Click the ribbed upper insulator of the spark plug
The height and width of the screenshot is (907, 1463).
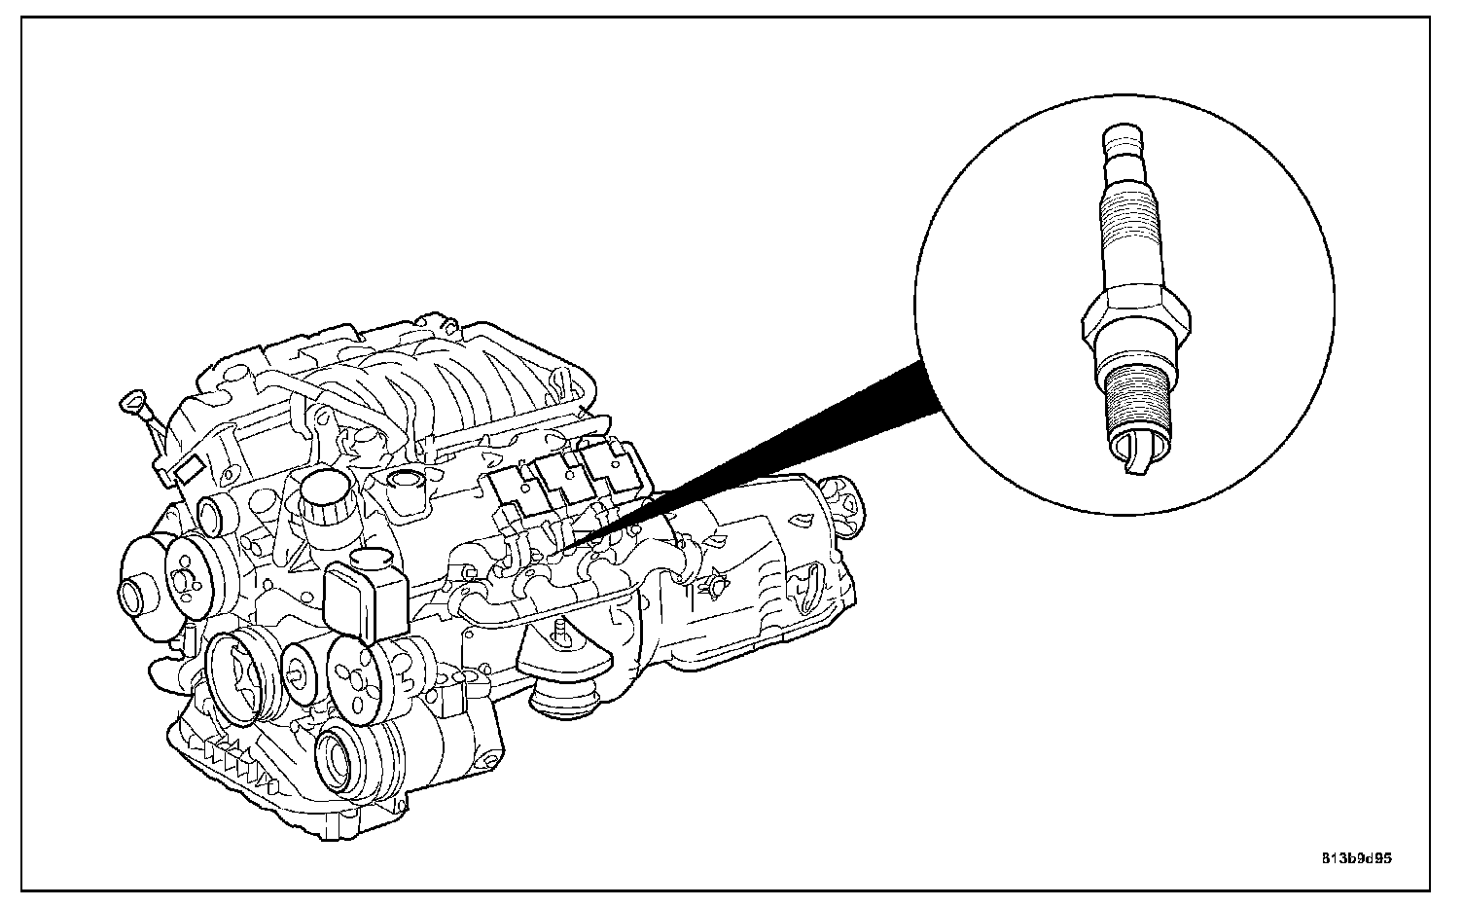coord(1128,219)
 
